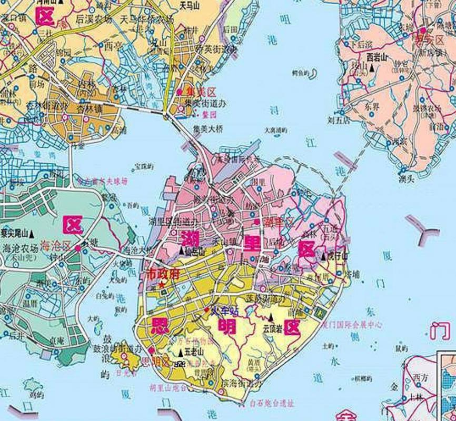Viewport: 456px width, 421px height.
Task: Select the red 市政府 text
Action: click(x=163, y=274)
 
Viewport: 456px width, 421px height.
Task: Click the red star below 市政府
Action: click(x=161, y=284)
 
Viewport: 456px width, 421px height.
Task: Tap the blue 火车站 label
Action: click(x=225, y=310)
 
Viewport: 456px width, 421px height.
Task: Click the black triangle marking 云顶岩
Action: click(x=271, y=317)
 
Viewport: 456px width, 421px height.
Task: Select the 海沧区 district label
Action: click(x=55, y=246)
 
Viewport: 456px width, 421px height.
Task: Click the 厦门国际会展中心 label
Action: click(x=353, y=325)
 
